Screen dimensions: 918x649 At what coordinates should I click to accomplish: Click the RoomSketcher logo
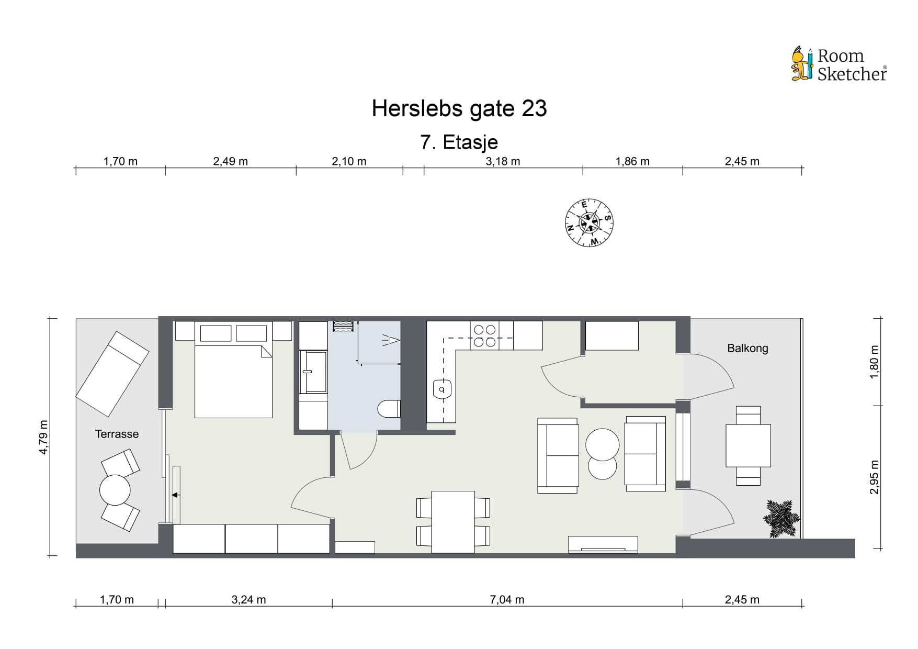[839, 64]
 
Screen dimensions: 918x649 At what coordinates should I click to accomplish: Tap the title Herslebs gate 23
[459, 108]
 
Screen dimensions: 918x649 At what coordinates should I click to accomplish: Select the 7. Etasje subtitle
[459, 142]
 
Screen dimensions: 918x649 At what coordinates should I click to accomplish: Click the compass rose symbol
[590, 222]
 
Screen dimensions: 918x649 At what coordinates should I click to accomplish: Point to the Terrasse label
[117, 434]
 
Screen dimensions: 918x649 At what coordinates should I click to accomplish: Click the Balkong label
[747, 348]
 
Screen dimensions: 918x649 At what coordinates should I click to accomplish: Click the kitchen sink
[442, 389]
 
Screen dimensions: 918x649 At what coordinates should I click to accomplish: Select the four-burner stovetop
[484, 335]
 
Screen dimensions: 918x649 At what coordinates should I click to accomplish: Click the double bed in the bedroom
[233, 370]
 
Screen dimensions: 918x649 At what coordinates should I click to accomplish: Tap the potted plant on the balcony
[781, 518]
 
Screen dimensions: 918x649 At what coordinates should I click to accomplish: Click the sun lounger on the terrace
[112, 374]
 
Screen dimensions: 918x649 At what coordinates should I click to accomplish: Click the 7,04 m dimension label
[507, 600]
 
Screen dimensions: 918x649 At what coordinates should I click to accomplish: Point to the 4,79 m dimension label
[44, 437]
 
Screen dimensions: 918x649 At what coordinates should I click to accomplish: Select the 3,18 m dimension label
[503, 161]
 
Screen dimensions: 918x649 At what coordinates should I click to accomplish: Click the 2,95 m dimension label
[874, 477]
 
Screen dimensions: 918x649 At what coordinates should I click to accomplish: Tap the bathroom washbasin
[313, 372]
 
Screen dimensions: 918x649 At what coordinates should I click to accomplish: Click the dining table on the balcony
[748, 445]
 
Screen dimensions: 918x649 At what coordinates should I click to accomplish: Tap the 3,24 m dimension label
[248, 600]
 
